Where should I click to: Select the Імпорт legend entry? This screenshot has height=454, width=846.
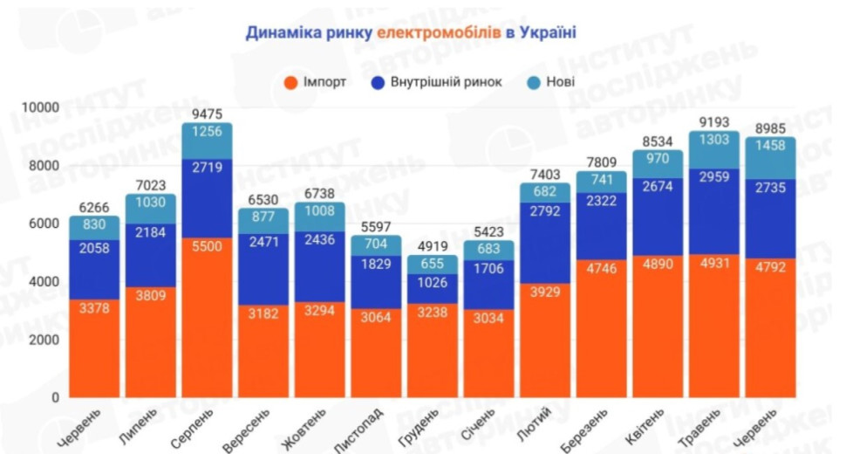[316, 82]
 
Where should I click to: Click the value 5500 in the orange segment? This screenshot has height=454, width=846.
[207, 247]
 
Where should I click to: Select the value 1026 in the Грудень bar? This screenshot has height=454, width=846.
[432, 283]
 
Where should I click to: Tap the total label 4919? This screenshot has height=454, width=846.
[432, 245]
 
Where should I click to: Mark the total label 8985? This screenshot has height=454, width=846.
[771, 127]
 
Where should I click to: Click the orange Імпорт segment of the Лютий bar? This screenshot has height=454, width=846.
[544, 340]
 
